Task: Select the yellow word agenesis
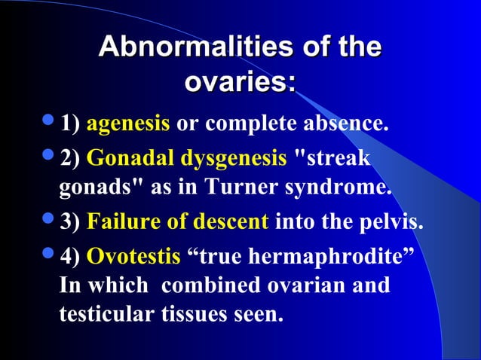pos(128,123)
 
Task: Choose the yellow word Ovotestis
pos(133,255)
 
